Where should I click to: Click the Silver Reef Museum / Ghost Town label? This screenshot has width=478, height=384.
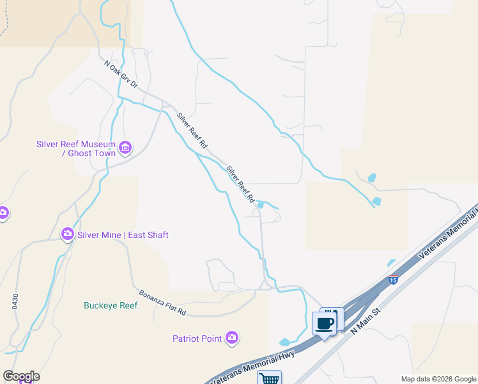[x=75, y=148]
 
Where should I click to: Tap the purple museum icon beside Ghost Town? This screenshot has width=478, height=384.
[x=125, y=148]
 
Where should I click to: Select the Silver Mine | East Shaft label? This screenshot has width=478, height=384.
[x=123, y=235]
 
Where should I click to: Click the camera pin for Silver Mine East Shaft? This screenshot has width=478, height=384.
[x=67, y=235]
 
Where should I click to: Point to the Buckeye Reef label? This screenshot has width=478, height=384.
[x=111, y=305]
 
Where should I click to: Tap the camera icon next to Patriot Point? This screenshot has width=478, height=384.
[x=231, y=338]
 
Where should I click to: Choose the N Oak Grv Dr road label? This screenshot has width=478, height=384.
[x=121, y=74]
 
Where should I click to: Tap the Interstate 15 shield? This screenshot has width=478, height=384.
[x=393, y=280]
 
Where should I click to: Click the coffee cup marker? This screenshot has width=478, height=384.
[x=324, y=323]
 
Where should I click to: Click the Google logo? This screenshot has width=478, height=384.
[x=21, y=376]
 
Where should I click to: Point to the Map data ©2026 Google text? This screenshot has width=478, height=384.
[x=438, y=379]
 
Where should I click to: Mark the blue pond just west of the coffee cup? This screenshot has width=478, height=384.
[x=284, y=342]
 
